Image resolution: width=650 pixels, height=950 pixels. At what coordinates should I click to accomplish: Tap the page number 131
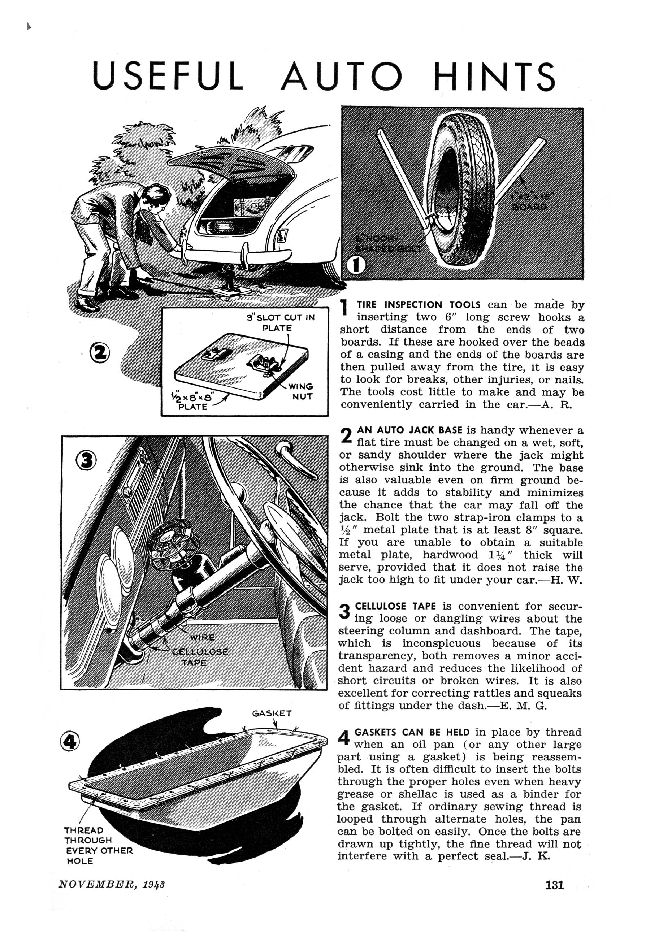(555, 885)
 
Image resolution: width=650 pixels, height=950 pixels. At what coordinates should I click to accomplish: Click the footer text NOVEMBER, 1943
(112, 884)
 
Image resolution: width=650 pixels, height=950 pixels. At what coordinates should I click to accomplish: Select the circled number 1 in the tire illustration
(356, 265)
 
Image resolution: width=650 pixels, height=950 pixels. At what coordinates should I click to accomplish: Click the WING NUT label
(302, 391)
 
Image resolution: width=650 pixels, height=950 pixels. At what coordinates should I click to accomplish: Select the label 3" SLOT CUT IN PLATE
(281, 322)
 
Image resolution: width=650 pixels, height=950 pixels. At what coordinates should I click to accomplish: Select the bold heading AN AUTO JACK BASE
(409, 430)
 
